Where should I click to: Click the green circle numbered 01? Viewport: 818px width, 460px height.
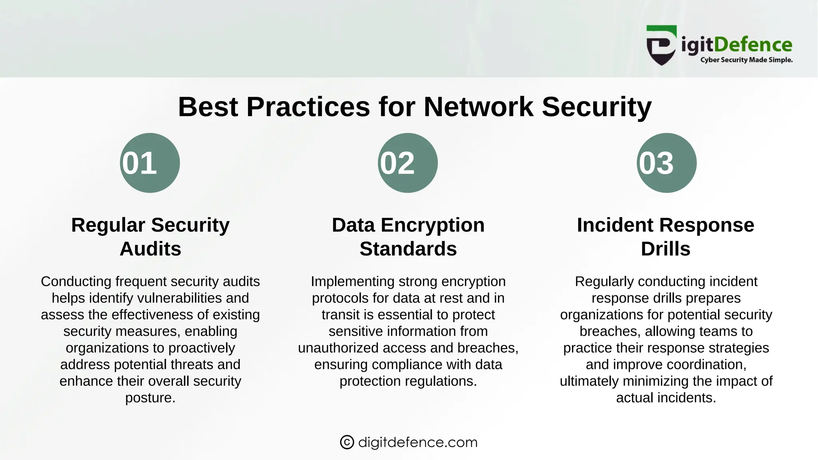point(150,163)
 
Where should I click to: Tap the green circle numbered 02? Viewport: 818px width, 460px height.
point(408,163)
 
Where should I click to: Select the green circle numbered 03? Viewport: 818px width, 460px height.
point(666,163)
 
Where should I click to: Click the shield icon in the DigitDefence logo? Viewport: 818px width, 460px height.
point(661,46)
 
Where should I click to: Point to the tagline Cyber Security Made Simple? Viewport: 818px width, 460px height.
point(746,60)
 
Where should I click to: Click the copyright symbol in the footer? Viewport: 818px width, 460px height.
point(347,442)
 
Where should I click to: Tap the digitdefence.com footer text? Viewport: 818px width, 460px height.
point(418,442)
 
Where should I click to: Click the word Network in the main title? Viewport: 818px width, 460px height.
point(478,107)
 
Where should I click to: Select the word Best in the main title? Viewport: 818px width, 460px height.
point(208,107)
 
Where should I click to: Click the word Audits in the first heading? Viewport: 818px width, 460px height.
point(150,249)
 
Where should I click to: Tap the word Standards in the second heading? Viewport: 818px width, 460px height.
point(408,249)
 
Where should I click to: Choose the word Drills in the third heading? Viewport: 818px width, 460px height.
point(665,249)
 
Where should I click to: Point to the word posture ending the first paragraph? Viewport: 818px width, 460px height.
point(150,398)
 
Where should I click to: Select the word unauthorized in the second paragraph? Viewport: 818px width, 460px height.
point(338,348)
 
